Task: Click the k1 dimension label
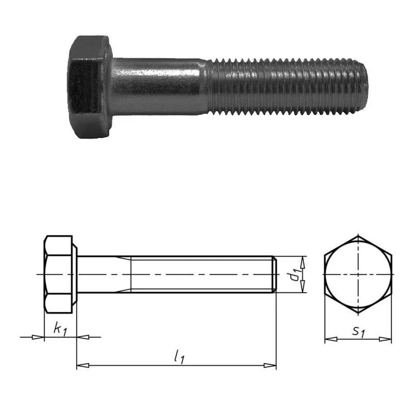point(60,330)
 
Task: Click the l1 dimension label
point(179,357)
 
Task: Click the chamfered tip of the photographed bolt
point(362,87)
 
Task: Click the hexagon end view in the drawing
point(358,274)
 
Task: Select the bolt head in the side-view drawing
point(60,274)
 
